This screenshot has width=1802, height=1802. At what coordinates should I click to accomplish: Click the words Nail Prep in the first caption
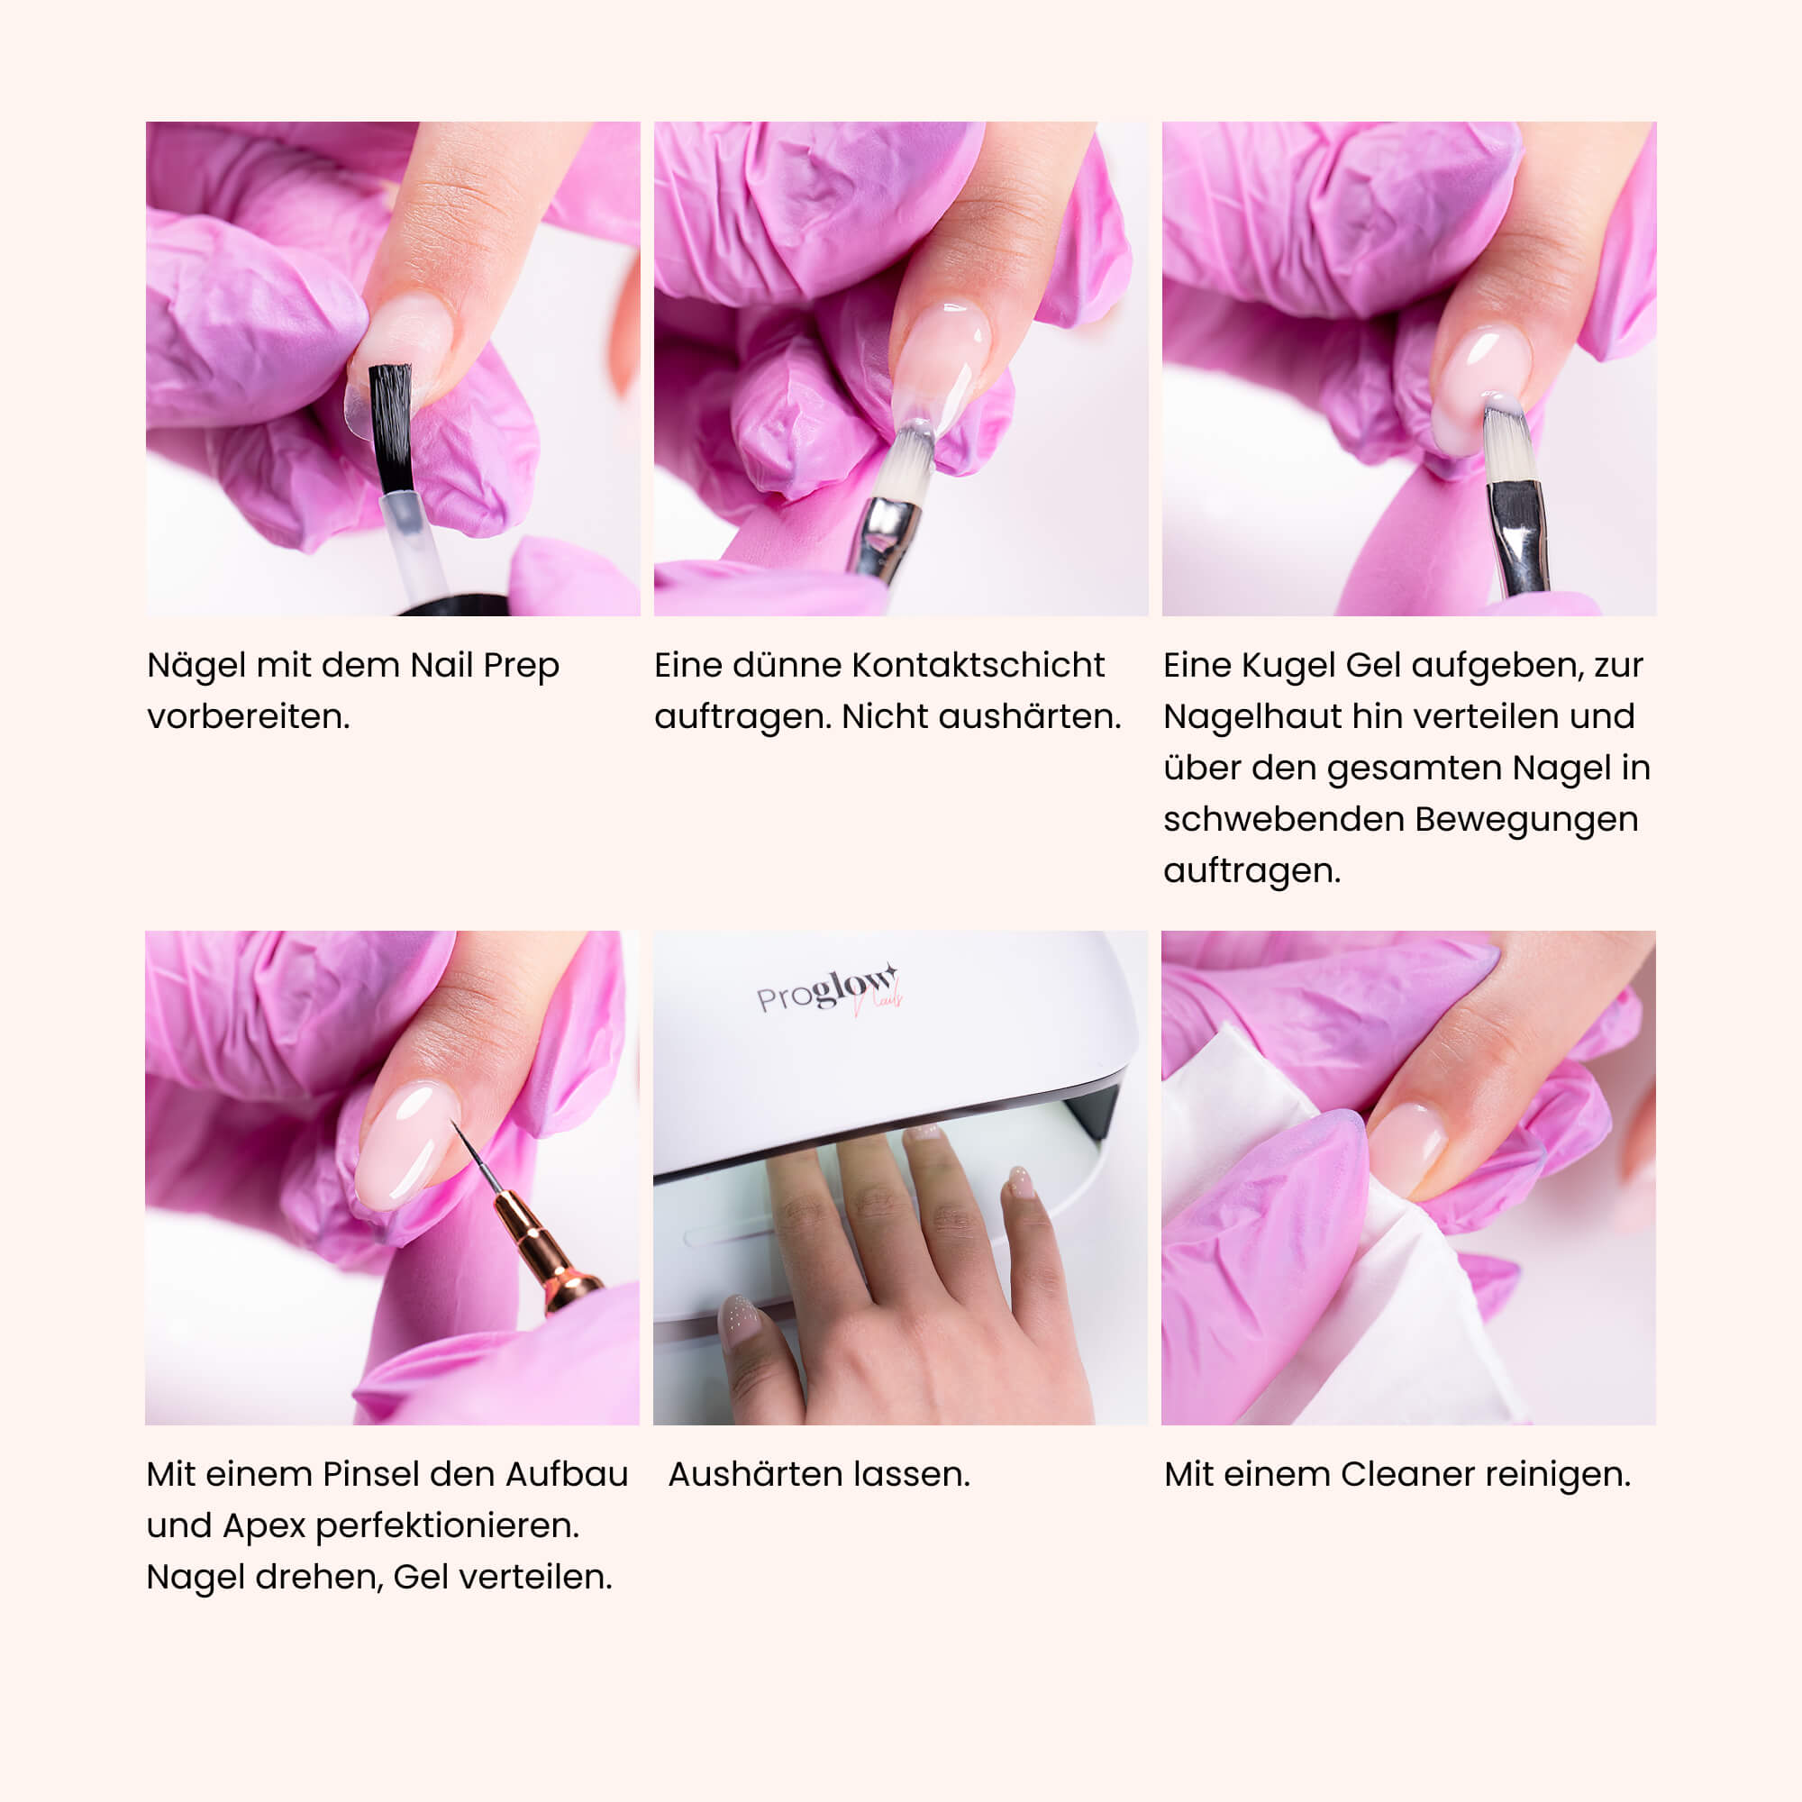(x=484, y=666)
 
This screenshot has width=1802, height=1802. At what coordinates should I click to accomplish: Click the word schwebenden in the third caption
(x=1283, y=819)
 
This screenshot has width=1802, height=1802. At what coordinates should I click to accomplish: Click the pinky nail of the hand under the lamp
(x=1022, y=1183)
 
